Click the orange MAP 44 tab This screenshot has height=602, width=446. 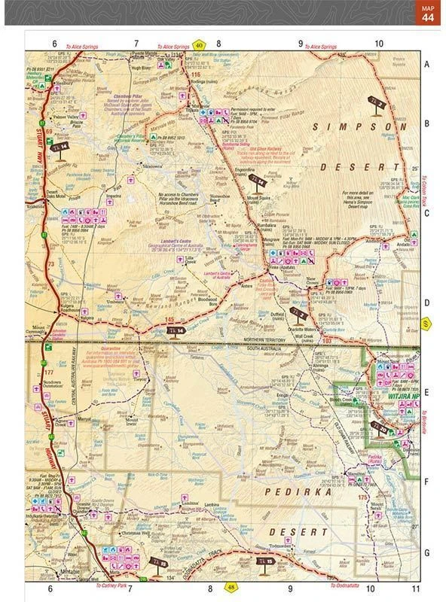coord(427,13)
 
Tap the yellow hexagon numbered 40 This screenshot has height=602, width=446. coord(199,46)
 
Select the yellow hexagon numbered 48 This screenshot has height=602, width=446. coord(231,588)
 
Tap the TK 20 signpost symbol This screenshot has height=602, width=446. coord(380,429)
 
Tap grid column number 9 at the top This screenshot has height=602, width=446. coord(300,44)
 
